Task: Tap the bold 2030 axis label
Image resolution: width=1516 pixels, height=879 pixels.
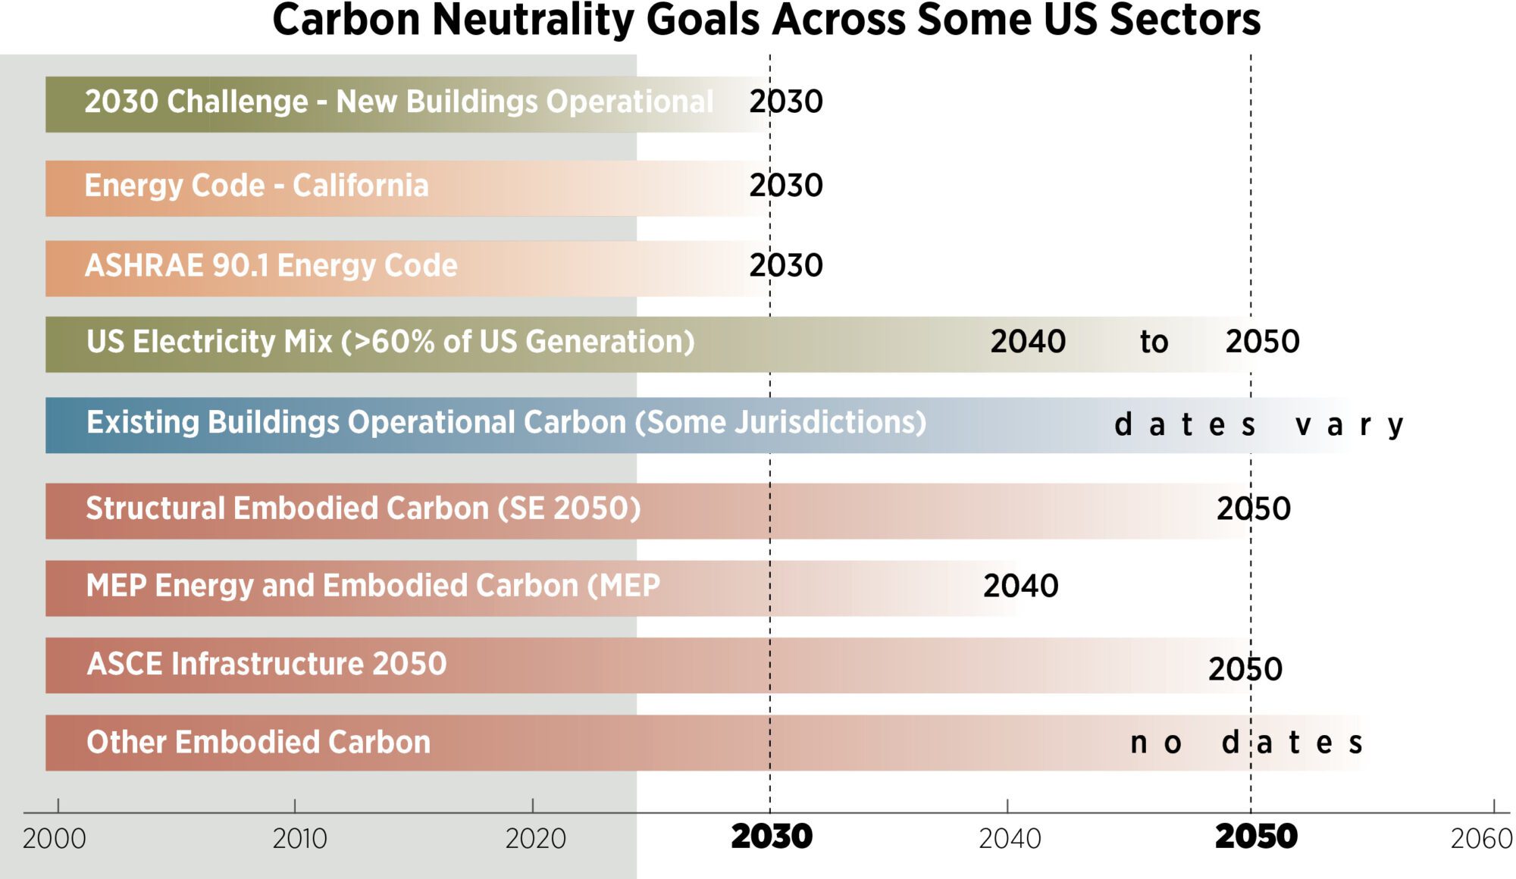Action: click(771, 837)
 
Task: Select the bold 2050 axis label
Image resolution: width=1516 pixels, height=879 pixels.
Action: click(1256, 837)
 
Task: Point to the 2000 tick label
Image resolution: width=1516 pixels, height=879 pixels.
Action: click(55, 839)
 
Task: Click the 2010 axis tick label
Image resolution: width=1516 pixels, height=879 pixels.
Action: click(299, 839)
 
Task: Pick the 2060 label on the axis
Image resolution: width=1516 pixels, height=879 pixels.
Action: click(1481, 839)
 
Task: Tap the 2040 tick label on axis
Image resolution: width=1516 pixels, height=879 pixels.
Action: click(1010, 839)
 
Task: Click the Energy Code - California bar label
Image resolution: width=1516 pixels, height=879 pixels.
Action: click(256, 186)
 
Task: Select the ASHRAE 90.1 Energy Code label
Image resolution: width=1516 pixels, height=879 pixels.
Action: click(271, 266)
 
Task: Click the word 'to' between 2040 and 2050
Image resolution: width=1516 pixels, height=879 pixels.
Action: click(1154, 343)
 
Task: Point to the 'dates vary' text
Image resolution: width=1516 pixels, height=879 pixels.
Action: click(1258, 425)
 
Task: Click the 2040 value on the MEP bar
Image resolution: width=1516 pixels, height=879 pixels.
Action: click(1020, 586)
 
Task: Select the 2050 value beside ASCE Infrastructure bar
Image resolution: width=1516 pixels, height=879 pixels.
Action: click(1245, 669)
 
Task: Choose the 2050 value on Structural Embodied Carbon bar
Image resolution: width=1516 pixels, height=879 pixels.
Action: click(1253, 508)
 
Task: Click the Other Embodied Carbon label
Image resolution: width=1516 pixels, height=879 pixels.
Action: click(258, 743)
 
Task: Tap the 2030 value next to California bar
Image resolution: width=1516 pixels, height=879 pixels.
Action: click(785, 186)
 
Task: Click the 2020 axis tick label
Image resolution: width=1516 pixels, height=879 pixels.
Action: click(535, 839)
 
